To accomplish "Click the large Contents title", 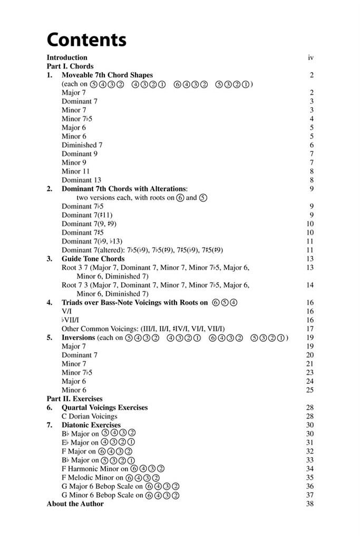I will point(86,40).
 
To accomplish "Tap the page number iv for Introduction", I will point(310,57).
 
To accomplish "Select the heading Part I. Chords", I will point(70,66).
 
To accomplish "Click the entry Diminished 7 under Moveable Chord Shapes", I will point(82,145).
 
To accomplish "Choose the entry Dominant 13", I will point(81,180).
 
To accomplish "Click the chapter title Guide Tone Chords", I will point(93,259).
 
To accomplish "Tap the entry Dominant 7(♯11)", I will point(87,215).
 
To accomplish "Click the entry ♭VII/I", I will point(70,320).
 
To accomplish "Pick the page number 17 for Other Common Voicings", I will point(309,329).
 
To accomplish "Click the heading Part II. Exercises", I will point(74,399).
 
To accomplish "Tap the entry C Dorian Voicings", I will point(90,416).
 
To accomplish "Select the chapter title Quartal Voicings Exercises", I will point(104,408).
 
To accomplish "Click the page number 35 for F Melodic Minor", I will point(309,477).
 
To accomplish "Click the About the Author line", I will point(75,504).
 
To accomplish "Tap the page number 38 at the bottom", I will point(309,504).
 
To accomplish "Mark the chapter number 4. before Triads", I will point(50,303).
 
